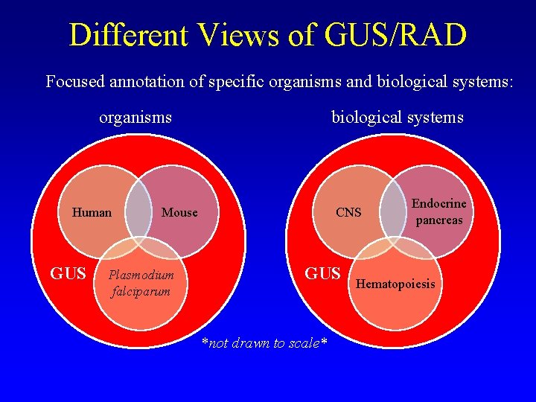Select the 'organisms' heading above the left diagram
135,118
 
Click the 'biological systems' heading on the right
397,118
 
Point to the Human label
92,213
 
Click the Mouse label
179,213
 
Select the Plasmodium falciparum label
141,283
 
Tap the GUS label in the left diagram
68,273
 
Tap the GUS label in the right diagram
323,273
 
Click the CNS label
348,213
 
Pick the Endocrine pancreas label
438,211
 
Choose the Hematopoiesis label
395,284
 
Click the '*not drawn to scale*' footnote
264,343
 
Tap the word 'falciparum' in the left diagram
141,291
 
